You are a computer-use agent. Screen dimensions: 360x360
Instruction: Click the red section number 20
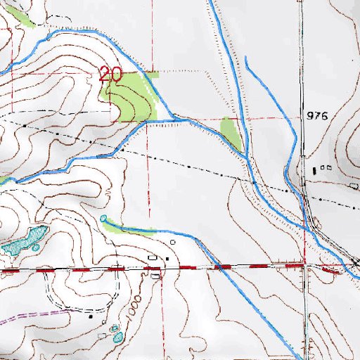coord(110,74)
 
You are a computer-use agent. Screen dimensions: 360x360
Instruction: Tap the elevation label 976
coord(317,115)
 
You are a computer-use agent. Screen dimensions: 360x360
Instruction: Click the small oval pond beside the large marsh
coord(35,247)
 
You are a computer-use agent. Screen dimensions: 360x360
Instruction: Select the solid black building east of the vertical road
coord(314,170)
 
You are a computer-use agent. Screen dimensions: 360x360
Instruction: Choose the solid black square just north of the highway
coord(167,259)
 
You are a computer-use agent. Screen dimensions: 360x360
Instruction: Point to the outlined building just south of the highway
coord(155,276)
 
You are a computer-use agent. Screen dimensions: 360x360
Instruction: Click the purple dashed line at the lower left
coord(28,314)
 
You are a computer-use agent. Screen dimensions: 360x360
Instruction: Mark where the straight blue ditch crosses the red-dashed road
coord(218,266)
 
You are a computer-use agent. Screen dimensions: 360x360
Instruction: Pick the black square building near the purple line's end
coord(91,316)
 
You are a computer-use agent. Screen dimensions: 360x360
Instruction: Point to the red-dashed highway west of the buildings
coord(70,269)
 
